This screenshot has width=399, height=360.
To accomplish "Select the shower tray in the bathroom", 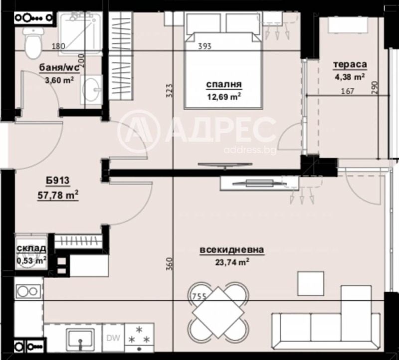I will [x=81, y=30].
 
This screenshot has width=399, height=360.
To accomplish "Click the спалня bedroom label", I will [x=223, y=84].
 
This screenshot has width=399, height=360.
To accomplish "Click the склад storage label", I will [x=31, y=249].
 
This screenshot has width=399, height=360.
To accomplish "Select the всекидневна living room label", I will [x=231, y=250].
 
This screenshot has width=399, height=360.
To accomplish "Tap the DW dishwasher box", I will [x=114, y=338].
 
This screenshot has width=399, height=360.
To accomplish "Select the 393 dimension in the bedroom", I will [x=204, y=47].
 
